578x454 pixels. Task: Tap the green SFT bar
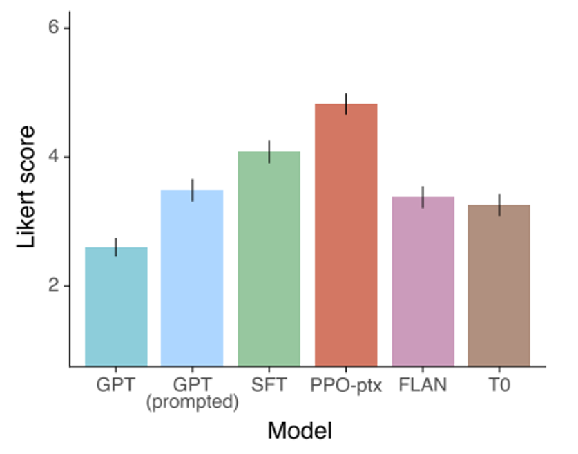pos(269,258)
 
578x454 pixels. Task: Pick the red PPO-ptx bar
pos(345,235)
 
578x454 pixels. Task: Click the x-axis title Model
pos(299,431)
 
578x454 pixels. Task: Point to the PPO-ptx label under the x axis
pos(345,384)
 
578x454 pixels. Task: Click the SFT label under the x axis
pos(269,384)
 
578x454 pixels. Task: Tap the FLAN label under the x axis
pos(423,384)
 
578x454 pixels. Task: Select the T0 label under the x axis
pos(499,384)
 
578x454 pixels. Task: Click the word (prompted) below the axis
pos(192,402)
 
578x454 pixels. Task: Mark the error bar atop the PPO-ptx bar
pos(345,104)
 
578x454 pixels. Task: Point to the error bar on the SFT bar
pos(269,151)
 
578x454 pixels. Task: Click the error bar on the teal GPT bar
pos(116,247)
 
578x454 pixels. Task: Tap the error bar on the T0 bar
pos(499,205)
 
